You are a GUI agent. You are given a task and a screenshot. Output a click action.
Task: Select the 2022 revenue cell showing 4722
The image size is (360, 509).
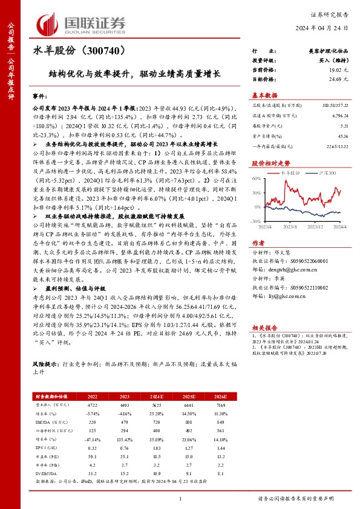[93, 404]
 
